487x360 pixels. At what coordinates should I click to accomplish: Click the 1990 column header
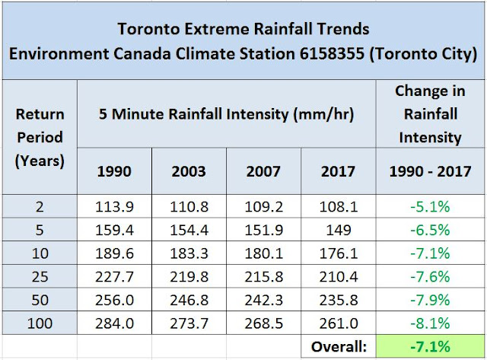pyautogui.click(x=114, y=171)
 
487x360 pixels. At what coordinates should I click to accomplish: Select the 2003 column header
pyautogui.click(x=189, y=171)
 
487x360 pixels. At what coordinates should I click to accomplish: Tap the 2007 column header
pyautogui.click(x=263, y=171)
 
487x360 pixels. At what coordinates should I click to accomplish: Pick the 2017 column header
pyautogui.click(x=338, y=171)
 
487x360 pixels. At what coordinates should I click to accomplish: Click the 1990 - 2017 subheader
pyautogui.click(x=430, y=171)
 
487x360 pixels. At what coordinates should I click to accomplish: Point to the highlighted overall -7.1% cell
pyautogui.click(x=430, y=346)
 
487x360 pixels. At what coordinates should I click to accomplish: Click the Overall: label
pyautogui.click(x=339, y=346)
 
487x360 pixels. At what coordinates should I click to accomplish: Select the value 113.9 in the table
pyautogui.click(x=114, y=205)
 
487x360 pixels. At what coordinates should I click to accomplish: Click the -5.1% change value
pyautogui.click(x=430, y=205)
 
